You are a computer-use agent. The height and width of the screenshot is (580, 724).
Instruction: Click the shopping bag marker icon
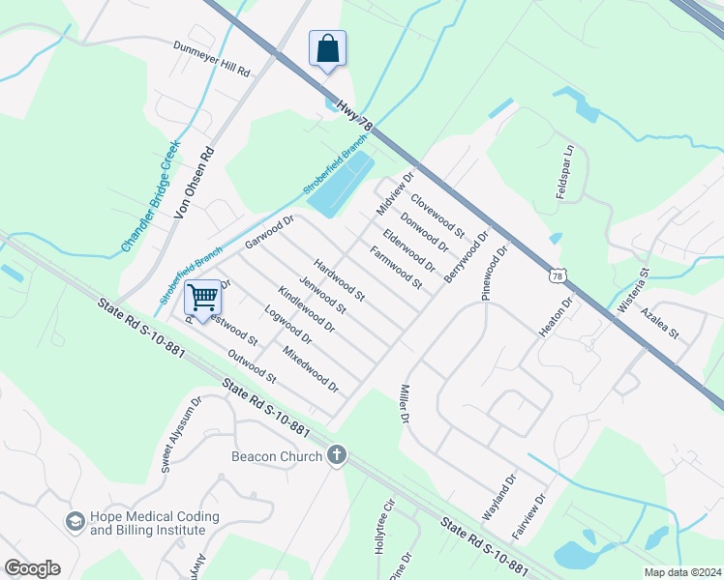coord(327,48)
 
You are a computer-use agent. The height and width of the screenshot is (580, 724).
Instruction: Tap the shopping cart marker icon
coord(202,297)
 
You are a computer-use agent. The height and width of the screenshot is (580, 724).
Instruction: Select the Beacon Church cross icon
coord(336,455)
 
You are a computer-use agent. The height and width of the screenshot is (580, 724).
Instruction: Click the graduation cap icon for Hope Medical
coord(75,523)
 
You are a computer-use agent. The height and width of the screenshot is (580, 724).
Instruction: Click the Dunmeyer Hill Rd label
coord(212,59)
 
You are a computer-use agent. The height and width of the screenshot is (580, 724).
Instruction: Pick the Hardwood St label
coord(338,277)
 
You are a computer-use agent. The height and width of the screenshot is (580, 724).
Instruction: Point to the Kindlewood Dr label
coord(306,309)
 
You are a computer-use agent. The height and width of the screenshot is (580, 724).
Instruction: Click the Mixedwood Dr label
coord(310,369)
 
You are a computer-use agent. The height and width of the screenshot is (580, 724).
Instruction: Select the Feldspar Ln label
coord(566,172)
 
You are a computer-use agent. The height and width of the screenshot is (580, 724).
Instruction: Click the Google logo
coord(32,568)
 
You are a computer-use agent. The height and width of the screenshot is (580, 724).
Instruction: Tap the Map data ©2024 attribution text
coord(682,572)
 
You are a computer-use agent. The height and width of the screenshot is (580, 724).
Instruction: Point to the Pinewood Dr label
coord(495,273)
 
